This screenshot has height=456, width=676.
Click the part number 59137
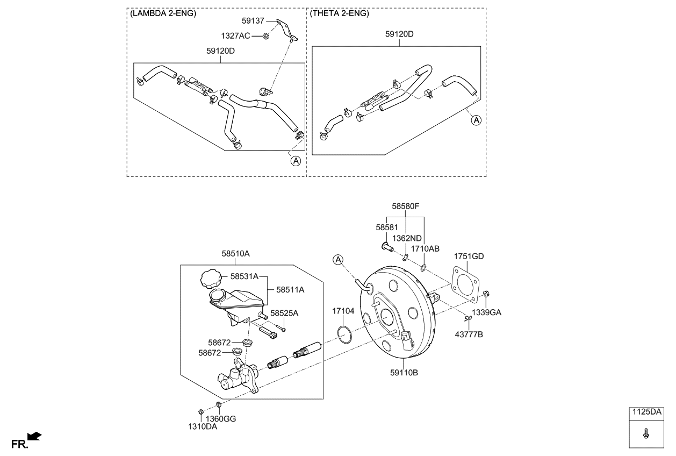(254, 22)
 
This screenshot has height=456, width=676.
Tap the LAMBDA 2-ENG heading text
(163, 14)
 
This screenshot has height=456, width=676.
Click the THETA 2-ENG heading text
(340, 14)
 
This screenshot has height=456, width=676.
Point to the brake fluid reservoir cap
(210, 280)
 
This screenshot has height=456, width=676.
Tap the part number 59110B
(405, 372)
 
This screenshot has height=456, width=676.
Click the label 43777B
(469, 334)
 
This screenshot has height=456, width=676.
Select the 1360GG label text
(221, 418)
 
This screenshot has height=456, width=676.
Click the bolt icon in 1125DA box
(646, 432)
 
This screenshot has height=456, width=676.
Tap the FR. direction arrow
(34, 436)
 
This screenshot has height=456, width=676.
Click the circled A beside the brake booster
(337, 260)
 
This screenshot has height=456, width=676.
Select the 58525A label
(284, 313)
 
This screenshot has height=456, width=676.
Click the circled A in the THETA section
(476, 120)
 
